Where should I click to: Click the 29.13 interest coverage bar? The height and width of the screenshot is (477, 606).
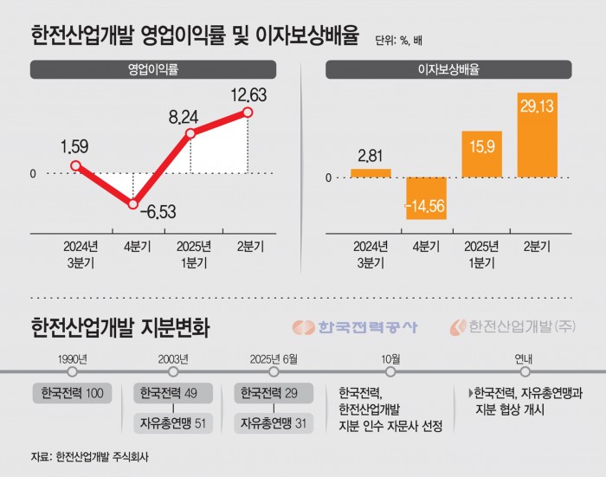[x=538, y=136]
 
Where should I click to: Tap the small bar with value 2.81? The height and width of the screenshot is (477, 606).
[x=371, y=173]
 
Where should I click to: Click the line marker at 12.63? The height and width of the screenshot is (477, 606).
[x=248, y=112]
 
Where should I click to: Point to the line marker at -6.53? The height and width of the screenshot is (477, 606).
[x=132, y=204]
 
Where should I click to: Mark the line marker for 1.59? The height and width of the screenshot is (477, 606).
[x=75, y=165]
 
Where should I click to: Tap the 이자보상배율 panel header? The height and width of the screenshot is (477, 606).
[x=448, y=68]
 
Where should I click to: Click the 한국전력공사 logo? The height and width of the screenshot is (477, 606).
[x=355, y=327]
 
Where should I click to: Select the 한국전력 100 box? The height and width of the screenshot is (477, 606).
[x=73, y=394]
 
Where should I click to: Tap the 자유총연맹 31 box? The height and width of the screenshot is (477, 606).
[x=273, y=423]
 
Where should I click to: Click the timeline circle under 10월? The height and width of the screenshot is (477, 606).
[x=390, y=371]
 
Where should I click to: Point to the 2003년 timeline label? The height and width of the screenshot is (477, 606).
[x=172, y=358]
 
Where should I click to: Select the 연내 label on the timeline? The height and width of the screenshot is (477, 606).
[x=525, y=358]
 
